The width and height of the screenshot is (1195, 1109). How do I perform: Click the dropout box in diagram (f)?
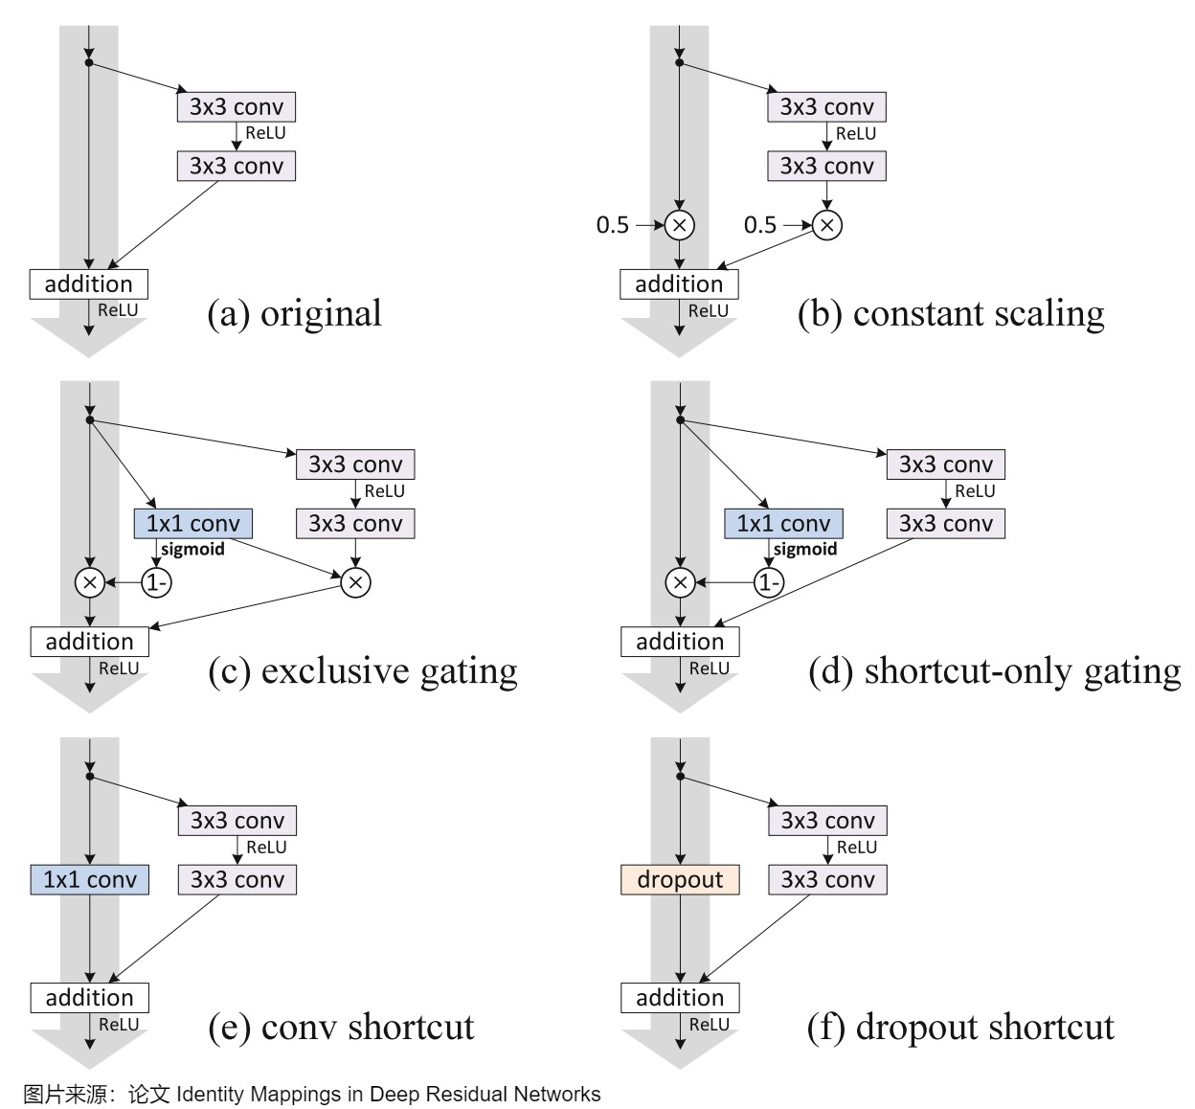point(680,879)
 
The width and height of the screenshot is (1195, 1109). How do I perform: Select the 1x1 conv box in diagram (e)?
point(90,879)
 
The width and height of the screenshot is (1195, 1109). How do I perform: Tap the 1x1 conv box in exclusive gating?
point(193,523)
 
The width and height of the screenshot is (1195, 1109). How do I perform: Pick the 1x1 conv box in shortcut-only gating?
point(783,523)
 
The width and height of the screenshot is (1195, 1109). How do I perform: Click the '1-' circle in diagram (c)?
point(156,582)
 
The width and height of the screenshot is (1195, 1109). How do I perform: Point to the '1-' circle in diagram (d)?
point(769,582)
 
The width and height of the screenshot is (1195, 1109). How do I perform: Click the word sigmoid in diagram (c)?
point(192,549)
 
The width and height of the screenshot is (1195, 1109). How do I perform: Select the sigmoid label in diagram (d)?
point(805,549)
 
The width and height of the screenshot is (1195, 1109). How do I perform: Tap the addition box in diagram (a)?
point(88,284)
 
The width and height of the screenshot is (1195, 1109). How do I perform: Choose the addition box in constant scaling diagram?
point(679,284)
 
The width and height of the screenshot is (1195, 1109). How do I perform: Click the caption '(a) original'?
point(294,313)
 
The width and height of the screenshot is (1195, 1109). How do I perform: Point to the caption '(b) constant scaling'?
point(951,313)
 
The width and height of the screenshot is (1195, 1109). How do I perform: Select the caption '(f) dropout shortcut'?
point(960,1028)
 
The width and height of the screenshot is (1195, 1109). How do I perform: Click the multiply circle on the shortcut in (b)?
point(680,225)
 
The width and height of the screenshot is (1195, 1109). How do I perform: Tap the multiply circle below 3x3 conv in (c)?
point(355,582)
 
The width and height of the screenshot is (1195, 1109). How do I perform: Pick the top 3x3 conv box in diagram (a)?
point(237,107)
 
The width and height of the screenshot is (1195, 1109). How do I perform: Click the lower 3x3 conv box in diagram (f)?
point(827,879)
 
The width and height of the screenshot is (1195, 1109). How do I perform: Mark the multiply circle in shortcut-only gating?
point(681,582)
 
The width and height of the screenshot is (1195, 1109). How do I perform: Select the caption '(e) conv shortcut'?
point(341,1028)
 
